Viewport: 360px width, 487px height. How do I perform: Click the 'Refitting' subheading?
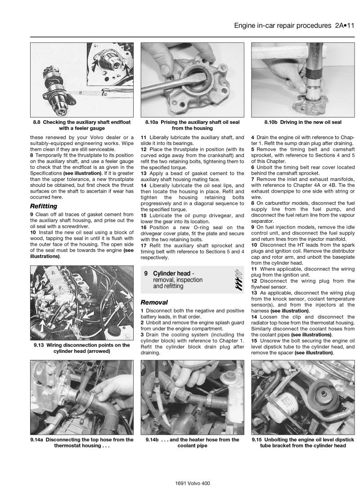tap(43, 206)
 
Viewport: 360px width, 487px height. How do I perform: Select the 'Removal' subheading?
tap(154, 302)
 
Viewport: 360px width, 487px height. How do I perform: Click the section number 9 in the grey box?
tap(146, 273)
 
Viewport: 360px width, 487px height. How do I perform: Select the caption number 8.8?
tap(38, 122)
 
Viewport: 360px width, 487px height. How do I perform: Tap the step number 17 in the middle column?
tap(144, 245)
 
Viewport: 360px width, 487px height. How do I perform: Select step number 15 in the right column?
tap(254, 341)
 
